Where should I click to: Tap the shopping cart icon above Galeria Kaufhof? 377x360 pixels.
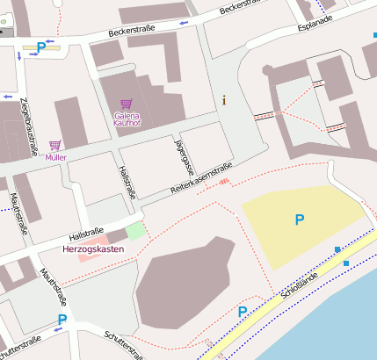[126, 104]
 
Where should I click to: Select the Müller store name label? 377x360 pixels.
[56, 157]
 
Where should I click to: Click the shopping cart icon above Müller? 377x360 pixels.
[55, 145]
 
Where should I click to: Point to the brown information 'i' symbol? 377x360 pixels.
[225, 99]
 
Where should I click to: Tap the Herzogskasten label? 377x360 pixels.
[93, 249]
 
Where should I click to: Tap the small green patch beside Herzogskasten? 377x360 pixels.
[135, 230]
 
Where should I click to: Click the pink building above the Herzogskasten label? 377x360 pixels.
[100, 238]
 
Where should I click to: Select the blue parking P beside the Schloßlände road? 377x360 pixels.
[243, 312]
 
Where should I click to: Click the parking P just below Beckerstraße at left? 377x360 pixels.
[41, 48]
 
